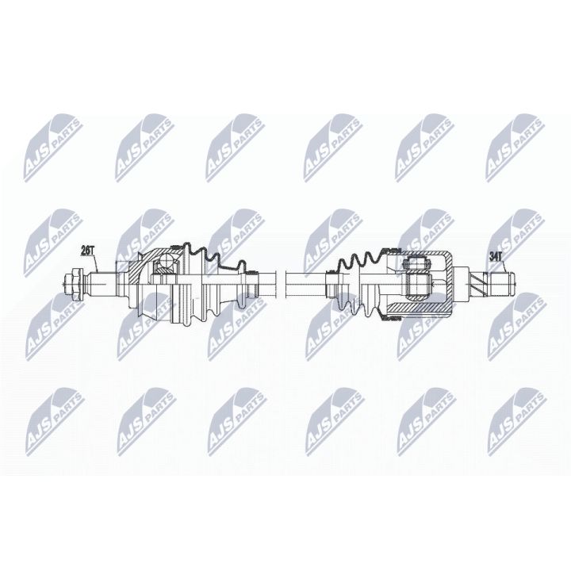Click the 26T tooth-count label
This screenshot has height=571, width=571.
88,251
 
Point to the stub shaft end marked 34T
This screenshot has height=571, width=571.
502,281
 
